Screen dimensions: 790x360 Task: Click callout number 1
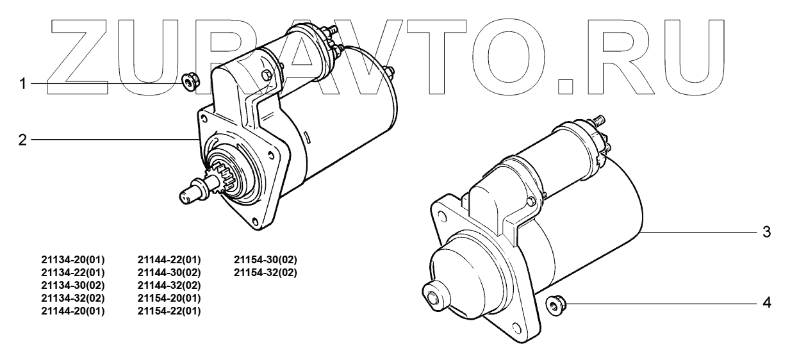[x=22, y=84]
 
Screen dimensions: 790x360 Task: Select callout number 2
[x=22, y=140]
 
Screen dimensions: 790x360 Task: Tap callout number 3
[x=766, y=232]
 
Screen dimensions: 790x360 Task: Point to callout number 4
[x=767, y=303]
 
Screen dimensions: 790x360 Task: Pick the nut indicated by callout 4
[x=557, y=306]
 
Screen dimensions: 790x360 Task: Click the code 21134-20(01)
[x=73, y=260]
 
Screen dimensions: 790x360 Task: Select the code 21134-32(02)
[x=73, y=299]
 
